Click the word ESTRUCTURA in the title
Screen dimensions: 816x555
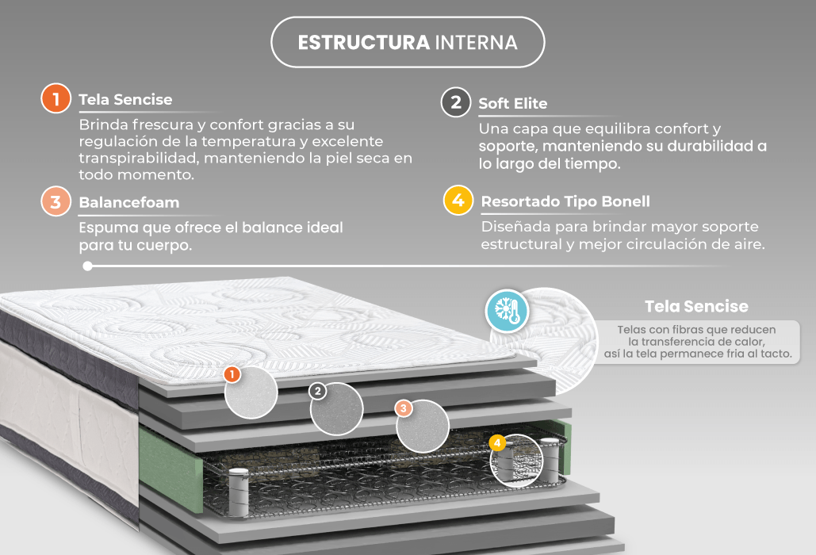click(x=364, y=43)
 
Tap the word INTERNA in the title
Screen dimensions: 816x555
click(x=476, y=43)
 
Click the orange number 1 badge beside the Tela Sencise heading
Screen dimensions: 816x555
click(x=56, y=98)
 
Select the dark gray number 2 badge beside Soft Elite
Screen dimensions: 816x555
click(x=456, y=102)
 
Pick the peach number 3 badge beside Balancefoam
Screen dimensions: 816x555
click(x=56, y=201)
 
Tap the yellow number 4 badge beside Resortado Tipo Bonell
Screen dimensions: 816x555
click(x=458, y=201)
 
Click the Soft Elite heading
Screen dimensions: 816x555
click(x=512, y=104)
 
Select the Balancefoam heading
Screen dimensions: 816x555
click(x=129, y=202)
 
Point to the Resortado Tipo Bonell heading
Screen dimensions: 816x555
click(x=565, y=202)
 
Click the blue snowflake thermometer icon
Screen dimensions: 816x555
click(x=507, y=311)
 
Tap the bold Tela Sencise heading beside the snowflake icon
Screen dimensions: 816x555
click(x=696, y=306)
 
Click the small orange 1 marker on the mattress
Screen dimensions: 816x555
click(x=232, y=374)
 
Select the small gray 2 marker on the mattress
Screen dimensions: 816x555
click(x=317, y=391)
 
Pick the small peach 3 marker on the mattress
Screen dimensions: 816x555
click(x=404, y=408)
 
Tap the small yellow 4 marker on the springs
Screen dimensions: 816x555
click(x=497, y=442)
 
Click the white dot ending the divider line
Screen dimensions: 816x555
click(x=87, y=266)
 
